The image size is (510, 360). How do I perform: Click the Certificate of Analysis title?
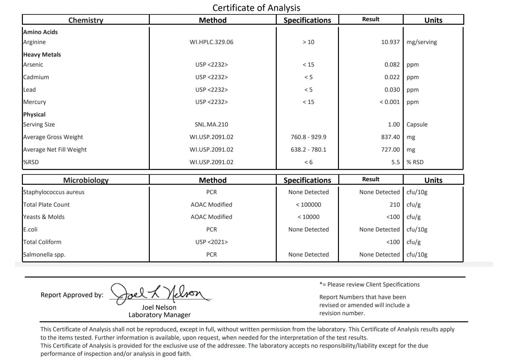[x=256, y=8]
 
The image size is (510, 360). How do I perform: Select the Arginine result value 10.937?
[x=390, y=42]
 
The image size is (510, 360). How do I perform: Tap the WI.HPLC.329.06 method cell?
[x=211, y=42]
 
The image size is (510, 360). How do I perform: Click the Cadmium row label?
[x=36, y=77]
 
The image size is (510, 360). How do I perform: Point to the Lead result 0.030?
[x=392, y=90]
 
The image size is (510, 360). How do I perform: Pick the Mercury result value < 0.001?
[x=390, y=102]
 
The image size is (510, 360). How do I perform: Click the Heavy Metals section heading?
[x=42, y=55]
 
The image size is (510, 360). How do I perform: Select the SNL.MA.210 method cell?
[x=211, y=125]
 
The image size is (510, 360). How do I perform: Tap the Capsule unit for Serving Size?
[x=417, y=125]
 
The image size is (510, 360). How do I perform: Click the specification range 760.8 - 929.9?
[x=308, y=137]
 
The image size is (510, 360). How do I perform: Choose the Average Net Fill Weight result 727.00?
[x=390, y=150]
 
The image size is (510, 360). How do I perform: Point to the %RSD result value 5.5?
[x=395, y=162]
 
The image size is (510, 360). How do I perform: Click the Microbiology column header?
[x=86, y=180]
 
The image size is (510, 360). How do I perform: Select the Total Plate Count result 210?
[x=394, y=205]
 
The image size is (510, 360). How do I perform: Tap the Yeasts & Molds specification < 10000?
[x=308, y=217]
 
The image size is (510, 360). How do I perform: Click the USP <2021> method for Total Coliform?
[x=211, y=242]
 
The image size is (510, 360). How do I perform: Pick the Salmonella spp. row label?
[x=44, y=255]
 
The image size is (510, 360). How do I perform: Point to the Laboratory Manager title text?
[x=159, y=315]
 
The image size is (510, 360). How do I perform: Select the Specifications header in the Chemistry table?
[x=307, y=20]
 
